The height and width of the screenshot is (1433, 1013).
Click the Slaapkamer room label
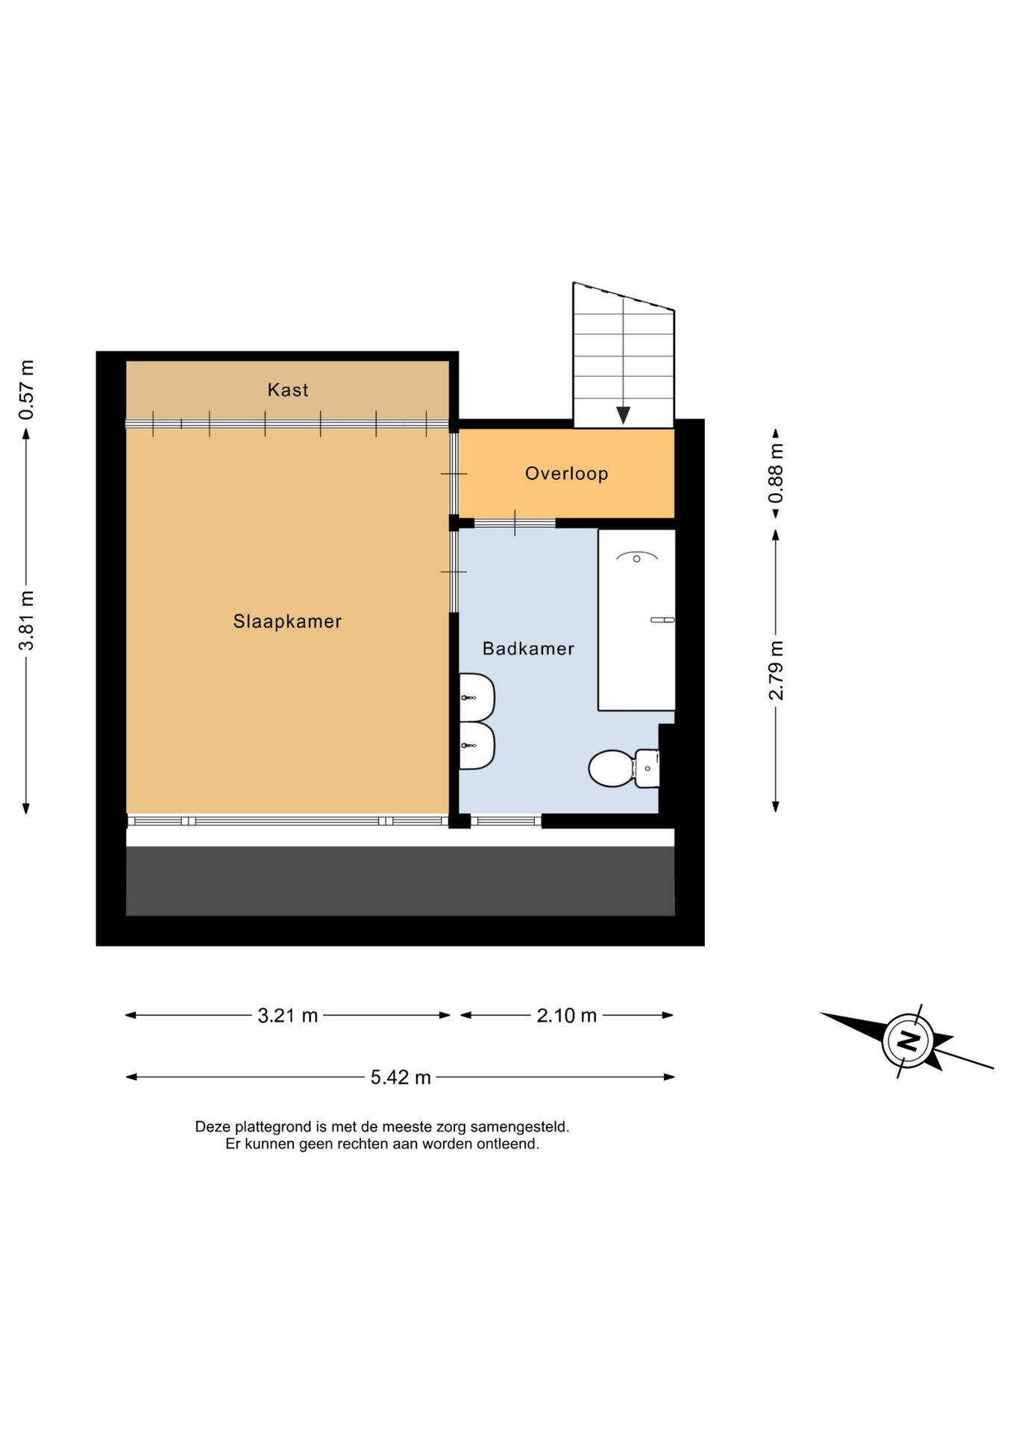pyautogui.click(x=287, y=621)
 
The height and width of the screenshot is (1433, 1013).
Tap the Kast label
pyautogui.click(x=288, y=390)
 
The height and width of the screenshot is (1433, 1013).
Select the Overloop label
pyautogui.click(x=566, y=473)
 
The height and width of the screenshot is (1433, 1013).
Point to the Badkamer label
pyautogui.click(x=528, y=649)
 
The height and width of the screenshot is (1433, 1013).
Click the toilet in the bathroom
pyautogui.click(x=624, y=768)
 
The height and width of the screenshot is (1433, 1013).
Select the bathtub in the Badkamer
pyautogui.click(x=636, y=619)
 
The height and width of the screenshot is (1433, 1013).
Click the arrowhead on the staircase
pyautogui.click(x=623, y=415)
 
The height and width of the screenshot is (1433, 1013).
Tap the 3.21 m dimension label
pyautogui.click(x=287, y=1015)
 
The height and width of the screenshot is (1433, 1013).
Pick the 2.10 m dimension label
pyautogui.click(x=566, y=1015)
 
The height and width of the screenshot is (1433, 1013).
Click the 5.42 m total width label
pyautogui.click(x=401, y=1077)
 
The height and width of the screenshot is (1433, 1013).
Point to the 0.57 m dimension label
pyautogui.click(x=26, y=390)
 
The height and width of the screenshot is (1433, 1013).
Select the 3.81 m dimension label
pyautogui.click(x=26, y=620)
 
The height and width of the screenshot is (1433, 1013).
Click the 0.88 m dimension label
pyautogui.click(x=776, y=473)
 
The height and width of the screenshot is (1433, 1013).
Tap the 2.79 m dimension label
pyautogui.click(x=776, y=670)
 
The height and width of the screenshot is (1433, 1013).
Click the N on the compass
pyautogui.click(x=908, y=1040)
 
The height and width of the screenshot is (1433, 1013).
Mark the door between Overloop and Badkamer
pyautogui.click(x=515, y=523)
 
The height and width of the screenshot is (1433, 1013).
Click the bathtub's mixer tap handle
pyautogui.click(x=662, y=619)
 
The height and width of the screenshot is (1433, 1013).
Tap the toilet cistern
pyautogui.click(x=647, y=768)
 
